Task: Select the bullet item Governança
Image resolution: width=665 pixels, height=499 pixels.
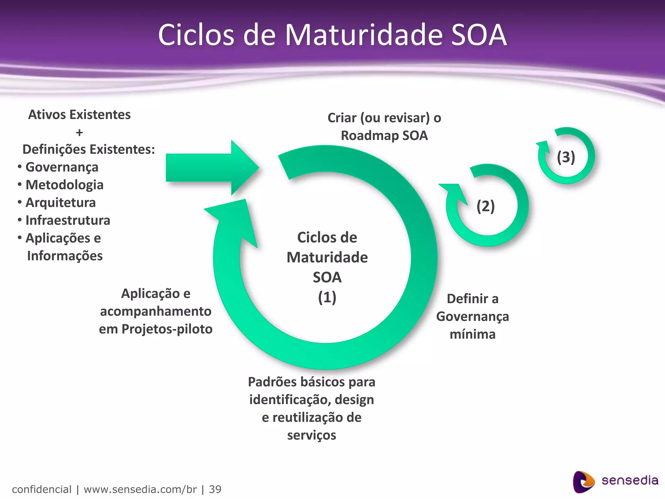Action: coord(62,167)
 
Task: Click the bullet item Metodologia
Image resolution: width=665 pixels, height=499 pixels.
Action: coord(64,185)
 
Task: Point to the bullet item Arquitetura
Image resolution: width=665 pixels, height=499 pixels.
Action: coord(60,203)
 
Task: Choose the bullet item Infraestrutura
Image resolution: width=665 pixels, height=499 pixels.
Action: coord(68,221)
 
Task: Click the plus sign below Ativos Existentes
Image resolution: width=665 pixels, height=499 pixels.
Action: coord(79,133)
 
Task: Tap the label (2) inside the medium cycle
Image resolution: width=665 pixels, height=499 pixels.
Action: coord(485,206)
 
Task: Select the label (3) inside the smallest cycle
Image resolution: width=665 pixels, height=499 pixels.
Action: coord(566,157)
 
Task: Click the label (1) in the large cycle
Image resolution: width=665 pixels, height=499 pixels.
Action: coord(327,297)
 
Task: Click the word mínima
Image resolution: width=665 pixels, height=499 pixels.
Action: coord(472,334)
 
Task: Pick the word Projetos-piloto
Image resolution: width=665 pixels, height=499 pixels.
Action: coord(167,329)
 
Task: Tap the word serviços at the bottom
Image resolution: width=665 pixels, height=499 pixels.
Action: coord(311,435)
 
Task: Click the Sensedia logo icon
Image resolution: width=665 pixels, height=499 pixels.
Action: coord(583,481)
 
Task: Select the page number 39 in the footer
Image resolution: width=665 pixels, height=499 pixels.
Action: coord(215,489)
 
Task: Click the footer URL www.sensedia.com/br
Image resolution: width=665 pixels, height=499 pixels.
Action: coord(140,489)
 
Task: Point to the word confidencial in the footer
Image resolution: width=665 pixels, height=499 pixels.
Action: coord(42,489)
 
